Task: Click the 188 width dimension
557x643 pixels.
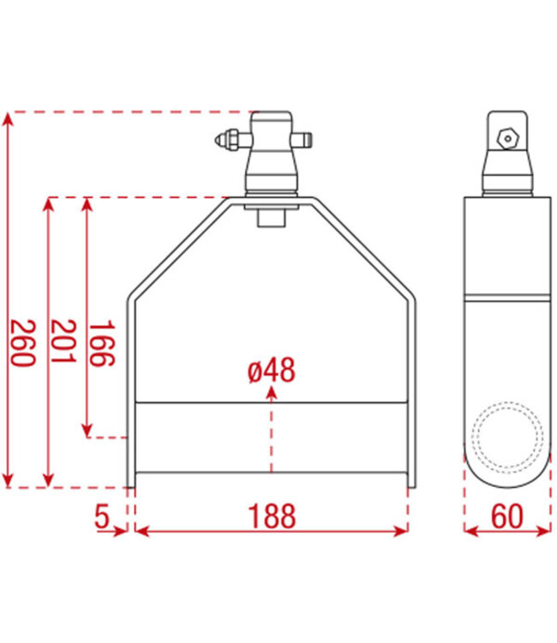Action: pos(272,517)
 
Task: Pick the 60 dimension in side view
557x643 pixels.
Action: pos(507,517)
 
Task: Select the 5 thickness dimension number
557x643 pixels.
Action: pos(102,517)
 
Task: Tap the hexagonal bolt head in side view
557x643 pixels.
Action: pos(508,137)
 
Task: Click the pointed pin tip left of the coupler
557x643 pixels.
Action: pos(219,139)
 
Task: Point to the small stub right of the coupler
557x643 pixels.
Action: pos(304,138)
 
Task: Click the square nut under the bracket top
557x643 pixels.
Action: pos(272,215)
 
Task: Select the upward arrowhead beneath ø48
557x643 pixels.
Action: pos(272,392)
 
